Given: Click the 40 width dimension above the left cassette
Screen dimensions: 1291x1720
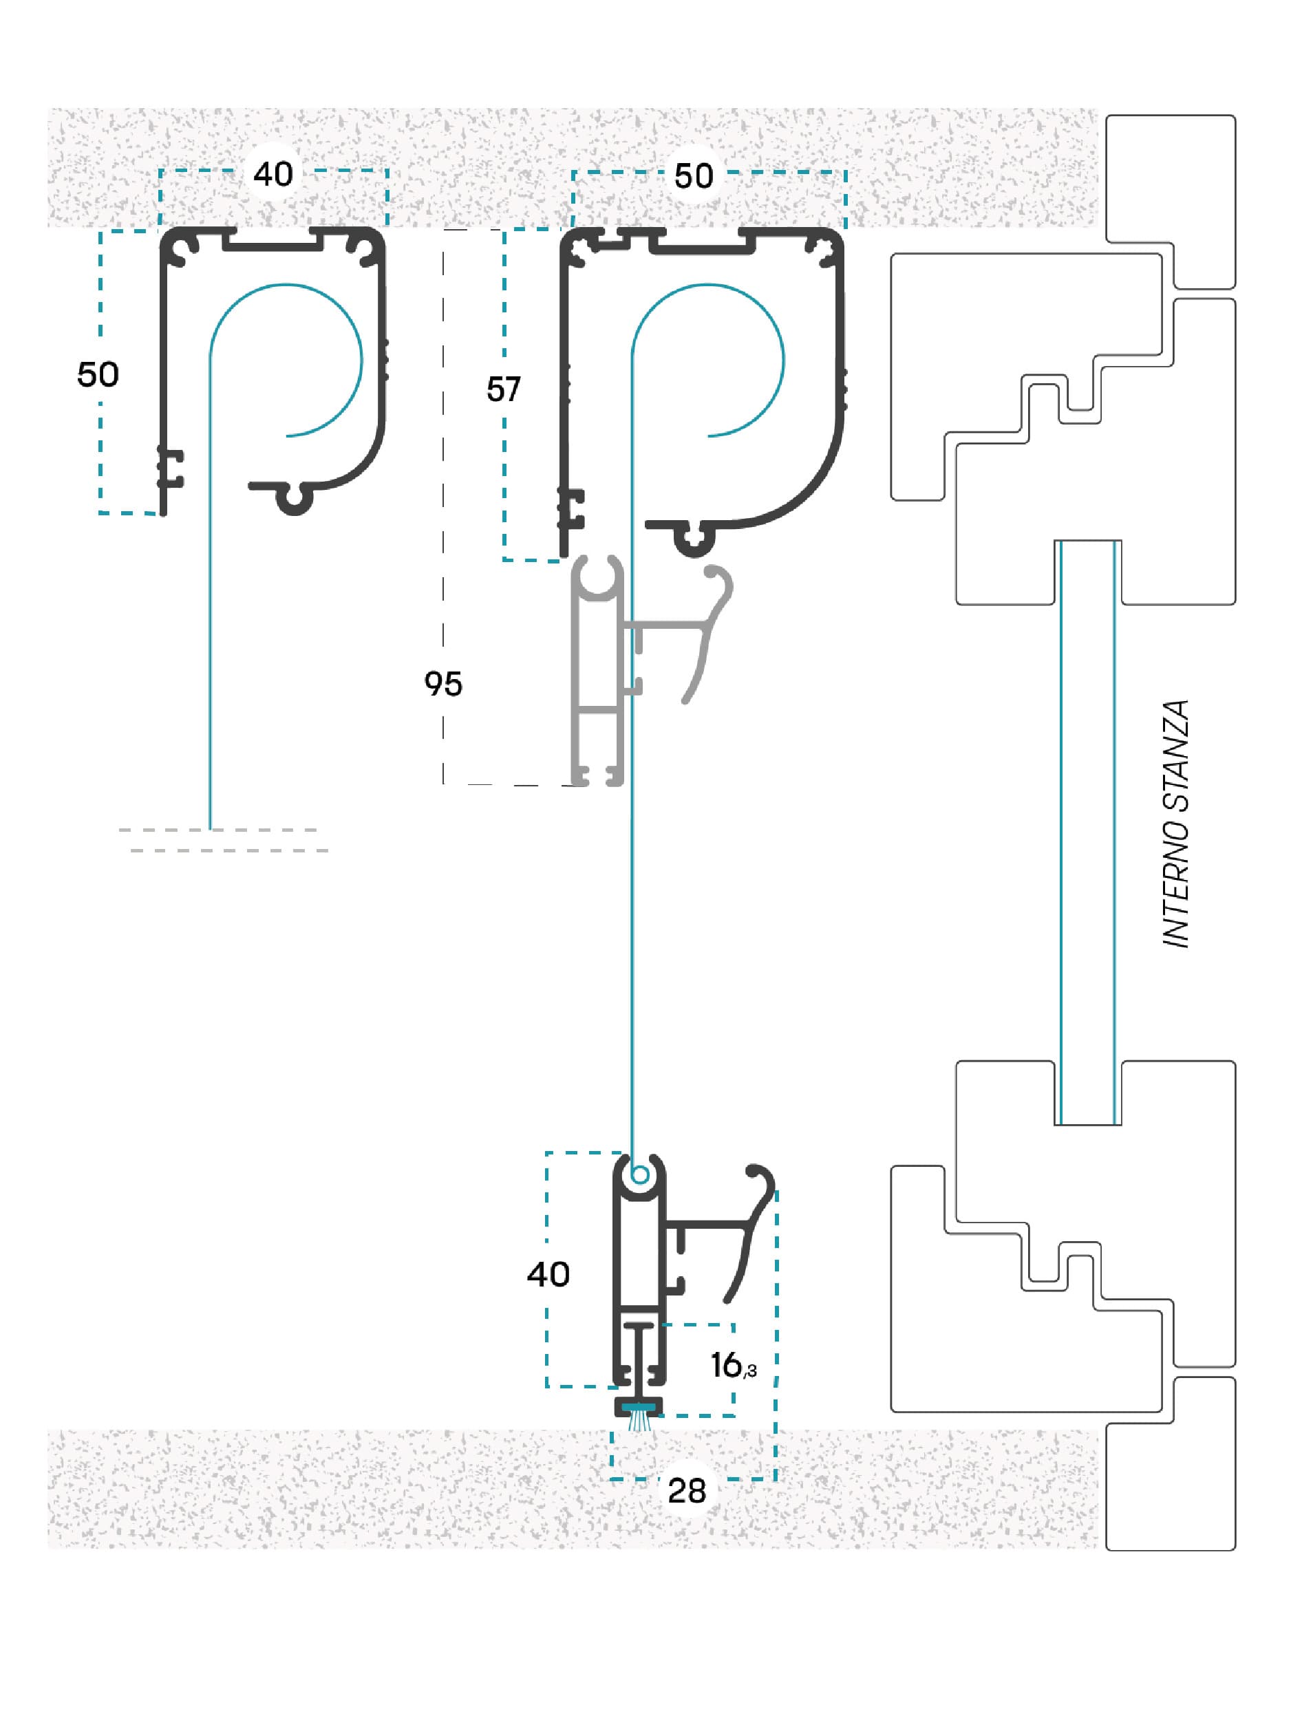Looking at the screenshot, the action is [273, 173].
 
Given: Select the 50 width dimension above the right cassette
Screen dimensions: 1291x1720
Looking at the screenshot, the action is [694, 175].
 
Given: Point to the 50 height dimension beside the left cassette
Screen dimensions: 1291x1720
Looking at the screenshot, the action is [98, 375].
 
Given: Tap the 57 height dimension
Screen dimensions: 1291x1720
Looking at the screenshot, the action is [503, 389].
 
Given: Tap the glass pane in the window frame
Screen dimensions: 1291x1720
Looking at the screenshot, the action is [1087, 832].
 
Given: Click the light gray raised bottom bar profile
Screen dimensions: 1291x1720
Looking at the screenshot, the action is [597, 673].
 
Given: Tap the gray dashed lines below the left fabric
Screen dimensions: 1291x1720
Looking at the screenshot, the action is [224, 841].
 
